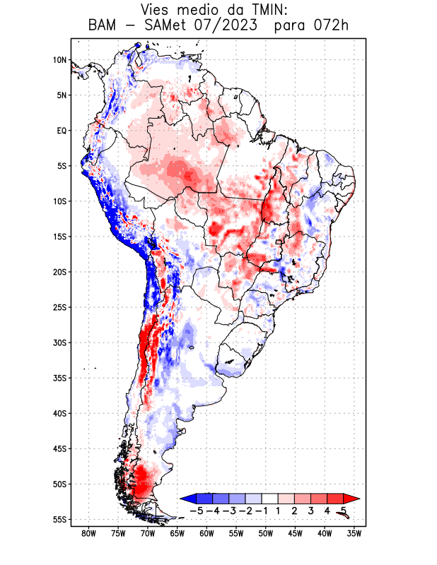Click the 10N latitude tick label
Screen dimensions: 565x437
click(x=59, y=60)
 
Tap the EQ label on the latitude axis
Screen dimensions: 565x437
click(x=61, y=131)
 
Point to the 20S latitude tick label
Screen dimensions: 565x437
click(x=59, y=272)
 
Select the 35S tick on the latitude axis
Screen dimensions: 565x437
click(x=59, y=378)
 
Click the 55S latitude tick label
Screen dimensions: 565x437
click(x=59, y=519)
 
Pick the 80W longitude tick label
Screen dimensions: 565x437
click(x=88, y=533)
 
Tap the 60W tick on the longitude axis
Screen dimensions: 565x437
click(x=206, y=533)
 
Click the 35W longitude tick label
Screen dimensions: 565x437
click(x=354, y=533)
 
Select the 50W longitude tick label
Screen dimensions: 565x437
click(x=265, y=533)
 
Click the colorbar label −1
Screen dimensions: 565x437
click(x=262, y=510)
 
